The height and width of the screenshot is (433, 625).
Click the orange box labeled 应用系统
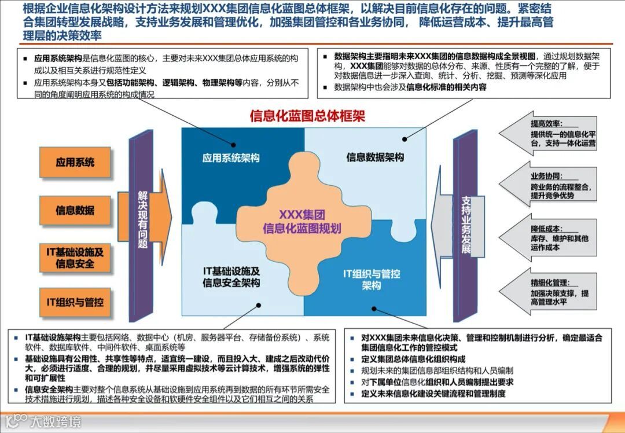(x=75, y=163)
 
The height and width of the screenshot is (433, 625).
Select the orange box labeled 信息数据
(x=75, y=210)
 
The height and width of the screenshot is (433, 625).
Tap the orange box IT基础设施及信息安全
(x=75, y=258)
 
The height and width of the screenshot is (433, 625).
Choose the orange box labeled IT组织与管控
(x=75, y=302)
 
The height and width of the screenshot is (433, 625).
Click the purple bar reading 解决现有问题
(x=142, y=220)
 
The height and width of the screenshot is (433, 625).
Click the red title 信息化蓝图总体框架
(x=307, y=116)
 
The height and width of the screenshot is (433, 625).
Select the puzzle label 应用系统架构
(x=231, y=158)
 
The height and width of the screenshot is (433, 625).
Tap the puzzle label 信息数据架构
(x=375, y=157)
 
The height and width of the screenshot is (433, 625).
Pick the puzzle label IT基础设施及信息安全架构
(x=231, y=277)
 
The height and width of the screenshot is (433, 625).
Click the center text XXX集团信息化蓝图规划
(x=302, y=221)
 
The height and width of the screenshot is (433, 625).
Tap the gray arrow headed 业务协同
(x=550, y=186)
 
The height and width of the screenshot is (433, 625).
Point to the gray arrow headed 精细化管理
(x=550, y=292)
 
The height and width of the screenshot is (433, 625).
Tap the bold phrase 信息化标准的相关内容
(x=446, y=87)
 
